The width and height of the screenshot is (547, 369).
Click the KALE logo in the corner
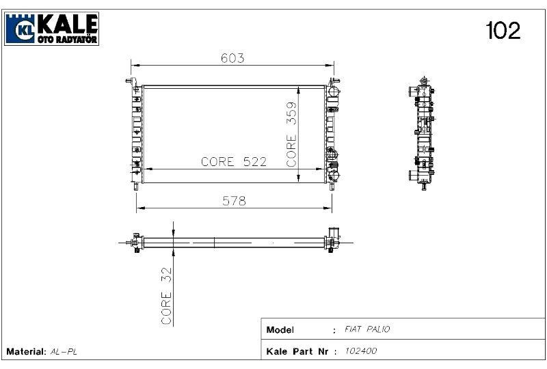click(x=52, y=28)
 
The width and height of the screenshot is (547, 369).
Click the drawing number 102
click(x=503, y=30)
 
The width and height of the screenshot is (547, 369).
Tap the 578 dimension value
click(x=232, y=200)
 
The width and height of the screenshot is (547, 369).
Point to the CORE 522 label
click(x=233, y=162)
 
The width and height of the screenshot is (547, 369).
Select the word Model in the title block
click(x=280, y=330)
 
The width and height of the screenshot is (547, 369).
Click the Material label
click(x=26, y=351)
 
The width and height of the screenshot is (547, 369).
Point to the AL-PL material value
click(x=64, y=351)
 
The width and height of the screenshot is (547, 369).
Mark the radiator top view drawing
click(x=232, y=242)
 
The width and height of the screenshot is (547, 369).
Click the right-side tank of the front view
click(x=332, y=133)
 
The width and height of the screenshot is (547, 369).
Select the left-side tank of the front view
click(x=136, y=133)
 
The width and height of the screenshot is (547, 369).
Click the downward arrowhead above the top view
click(x=174, y=233)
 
